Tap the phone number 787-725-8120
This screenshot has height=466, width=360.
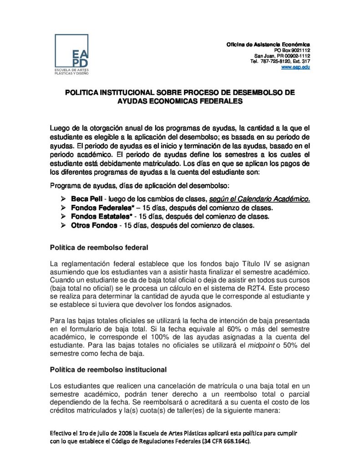pos(275,61)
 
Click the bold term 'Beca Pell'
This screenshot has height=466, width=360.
pos(87,198)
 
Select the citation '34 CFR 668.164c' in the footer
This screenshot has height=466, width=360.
pos(223,441)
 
